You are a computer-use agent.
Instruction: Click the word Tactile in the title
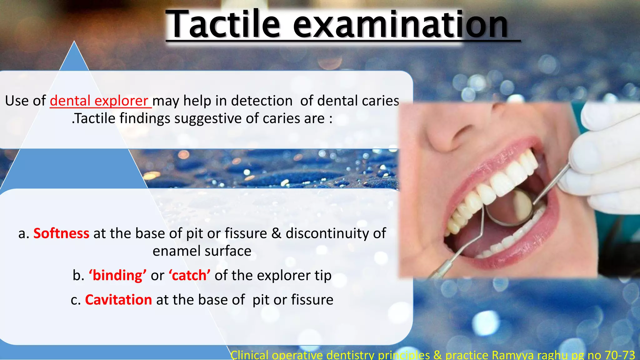coord(223,24)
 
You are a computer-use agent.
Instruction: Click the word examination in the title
coord(401,24)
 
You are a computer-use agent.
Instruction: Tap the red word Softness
coord(61,233)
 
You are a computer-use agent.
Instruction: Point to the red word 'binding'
coord(117,275)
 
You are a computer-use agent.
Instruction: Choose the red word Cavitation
coord(118,300)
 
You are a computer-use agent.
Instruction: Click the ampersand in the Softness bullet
coord(276,233)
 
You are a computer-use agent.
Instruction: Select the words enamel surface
coord(202,251)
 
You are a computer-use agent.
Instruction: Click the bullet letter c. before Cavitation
coord(76,300)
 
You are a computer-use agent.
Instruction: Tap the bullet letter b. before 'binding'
coord(78,276)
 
